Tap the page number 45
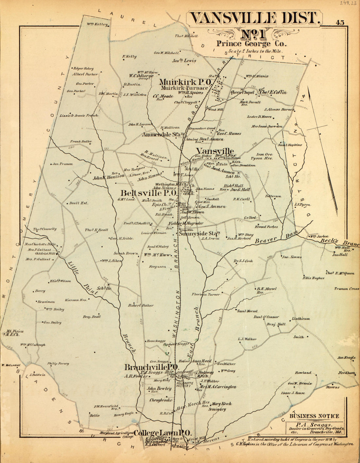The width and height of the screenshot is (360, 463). [x=339, y=23]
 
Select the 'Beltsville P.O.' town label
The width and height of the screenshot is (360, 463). [x=149, y=193]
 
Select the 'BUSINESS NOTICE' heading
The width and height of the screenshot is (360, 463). [x=314, y=416]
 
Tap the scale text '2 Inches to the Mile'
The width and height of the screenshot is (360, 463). [x=255, y=51]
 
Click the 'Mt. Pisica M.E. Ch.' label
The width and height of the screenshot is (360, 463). [x=13, y=333]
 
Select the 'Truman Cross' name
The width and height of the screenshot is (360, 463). [x=347, y=289]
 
